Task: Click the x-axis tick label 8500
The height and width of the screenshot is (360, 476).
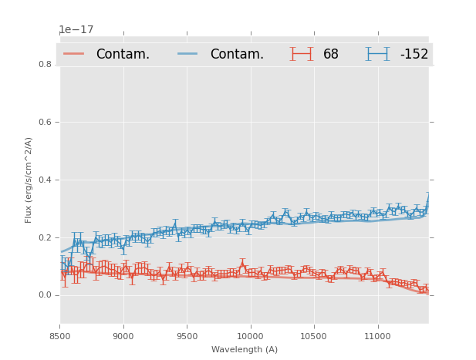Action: [x=59, y=337]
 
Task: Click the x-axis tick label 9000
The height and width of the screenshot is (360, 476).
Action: [x=123, y=337]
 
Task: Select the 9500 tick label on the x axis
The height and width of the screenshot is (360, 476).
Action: [x=186, y=337]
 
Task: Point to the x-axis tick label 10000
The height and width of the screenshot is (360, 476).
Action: [x=250, y=337]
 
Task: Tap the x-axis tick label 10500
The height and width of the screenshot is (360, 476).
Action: [x=313, y=337]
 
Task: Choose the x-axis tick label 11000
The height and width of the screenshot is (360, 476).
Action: [x=376, y=337]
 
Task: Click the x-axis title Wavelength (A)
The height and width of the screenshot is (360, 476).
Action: [x=244, y=349]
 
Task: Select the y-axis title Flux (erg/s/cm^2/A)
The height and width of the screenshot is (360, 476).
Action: [x=29, y=180]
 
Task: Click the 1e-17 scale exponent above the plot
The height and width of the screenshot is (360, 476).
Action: [x=76, y=30]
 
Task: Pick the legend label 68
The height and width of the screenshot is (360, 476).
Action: [x=331, y=54]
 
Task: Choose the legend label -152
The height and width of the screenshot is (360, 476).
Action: [x=414, y=54]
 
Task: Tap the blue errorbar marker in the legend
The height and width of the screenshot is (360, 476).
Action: [x=377, y=54]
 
